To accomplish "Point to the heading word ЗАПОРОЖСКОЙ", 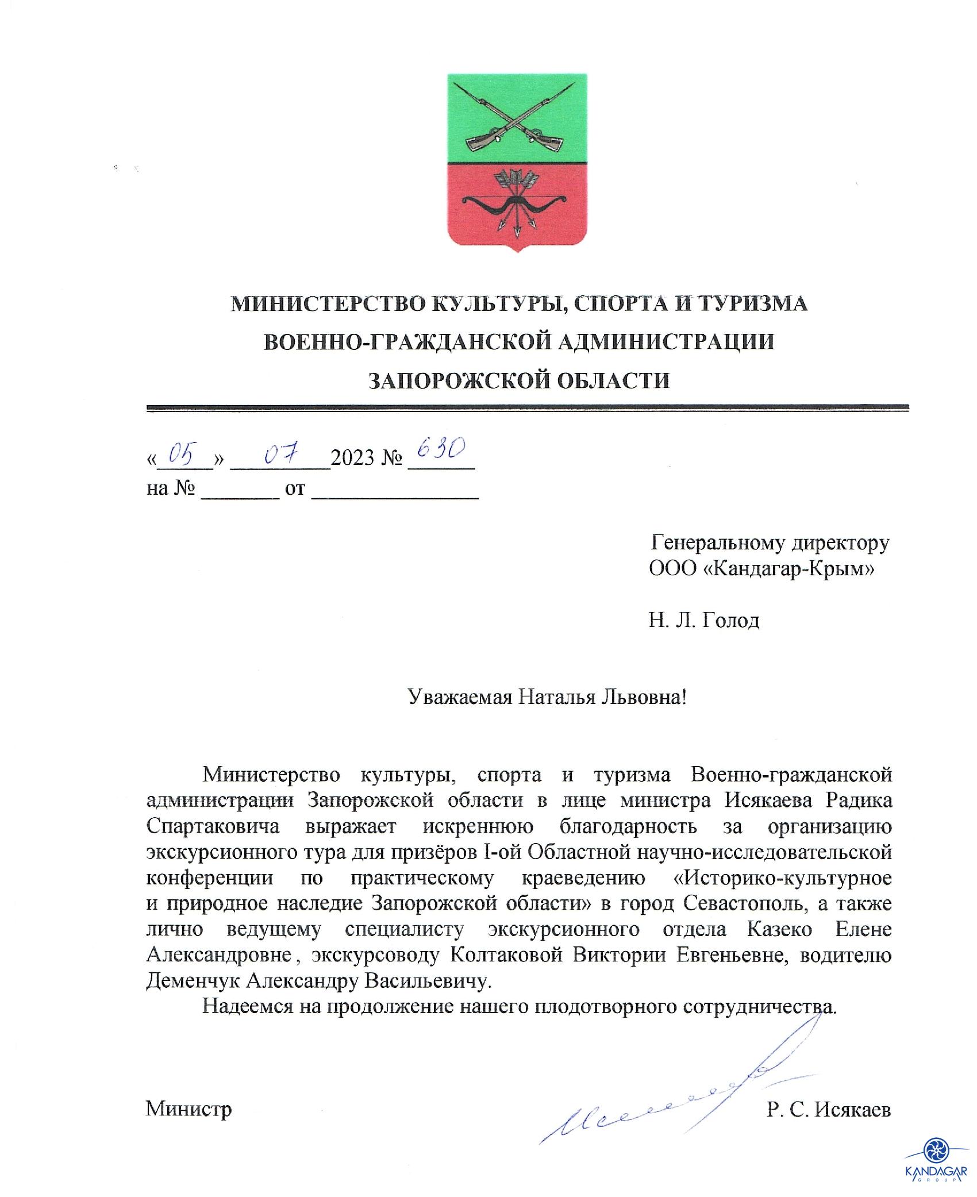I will click(x=448, y=380).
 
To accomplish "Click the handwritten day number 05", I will click(x=179, y=455).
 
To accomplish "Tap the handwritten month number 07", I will click(x=280, y=455).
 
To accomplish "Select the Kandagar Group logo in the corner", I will click(x=935, y=1161).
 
